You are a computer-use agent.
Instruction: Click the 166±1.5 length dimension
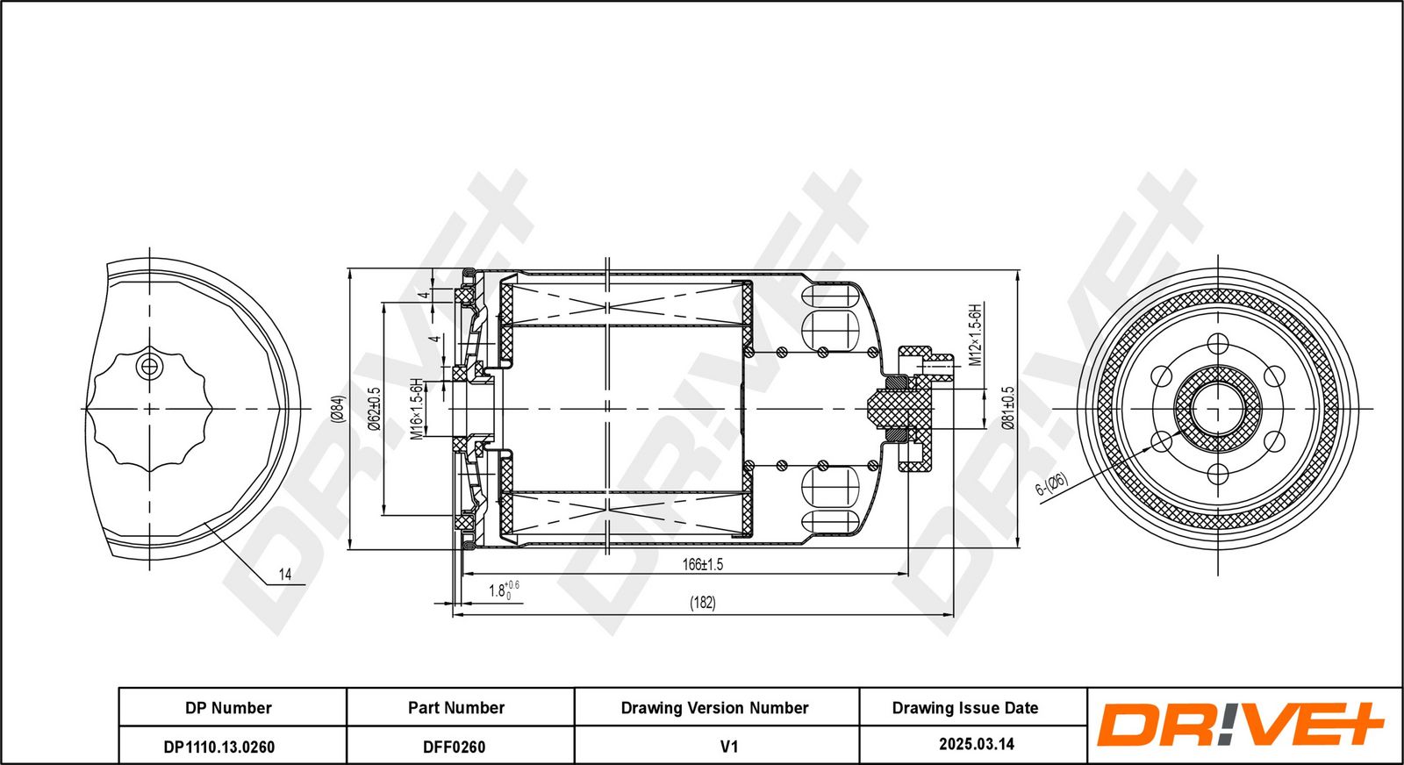point(702,564)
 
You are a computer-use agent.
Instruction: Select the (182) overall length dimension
point(702,603)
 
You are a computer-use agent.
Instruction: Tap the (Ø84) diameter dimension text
point(338,409)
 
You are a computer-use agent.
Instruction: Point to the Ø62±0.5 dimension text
point(374,408)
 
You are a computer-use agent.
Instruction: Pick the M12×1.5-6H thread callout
point(975,334)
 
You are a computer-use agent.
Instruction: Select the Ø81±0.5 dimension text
point(1008,407)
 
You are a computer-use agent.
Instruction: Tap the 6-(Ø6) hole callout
point(1051,484)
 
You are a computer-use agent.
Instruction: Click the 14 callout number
point(284,575)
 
